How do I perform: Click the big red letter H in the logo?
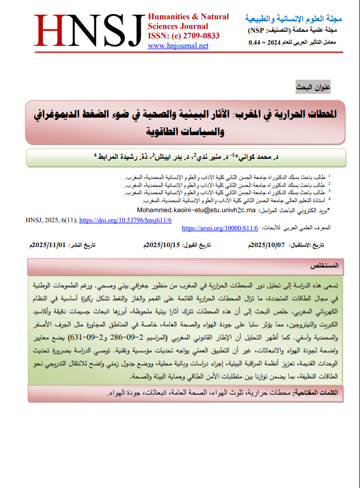(x=54, y=31)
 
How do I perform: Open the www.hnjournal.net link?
(x=178, y=46)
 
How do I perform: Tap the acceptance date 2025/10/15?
(x=163, y=244)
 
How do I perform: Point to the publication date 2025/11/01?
(x=49, y=244)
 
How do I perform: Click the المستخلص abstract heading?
(x=324, y=265)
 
